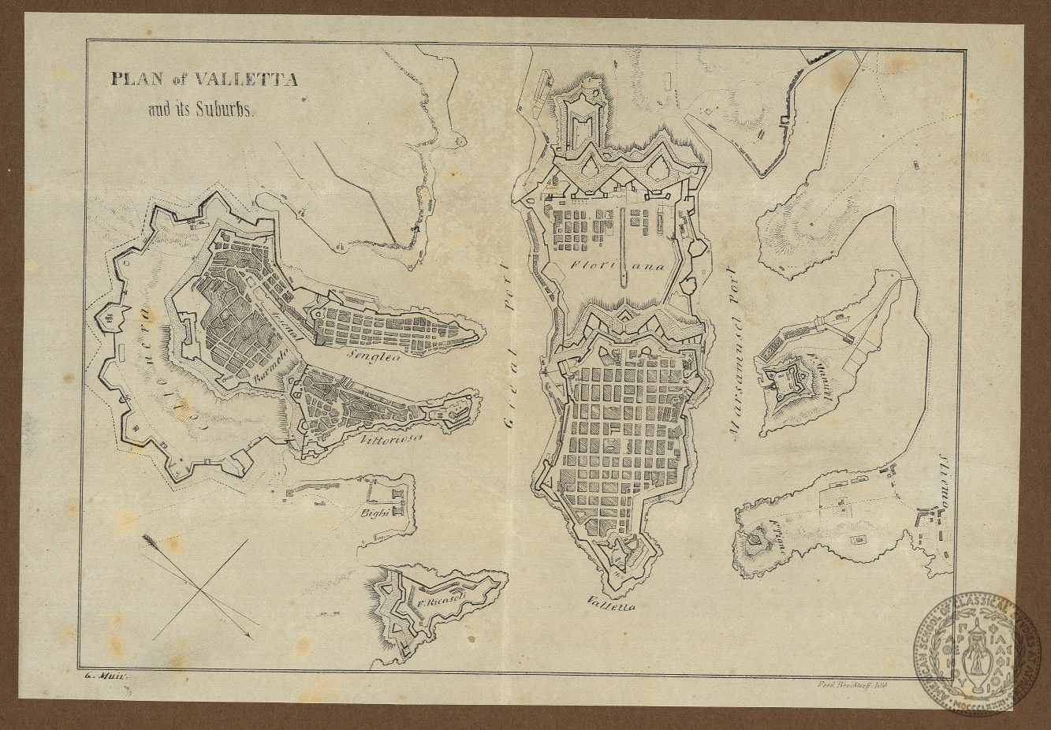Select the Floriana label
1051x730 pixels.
click(618, 266)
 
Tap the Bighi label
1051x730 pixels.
click(373, 512)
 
